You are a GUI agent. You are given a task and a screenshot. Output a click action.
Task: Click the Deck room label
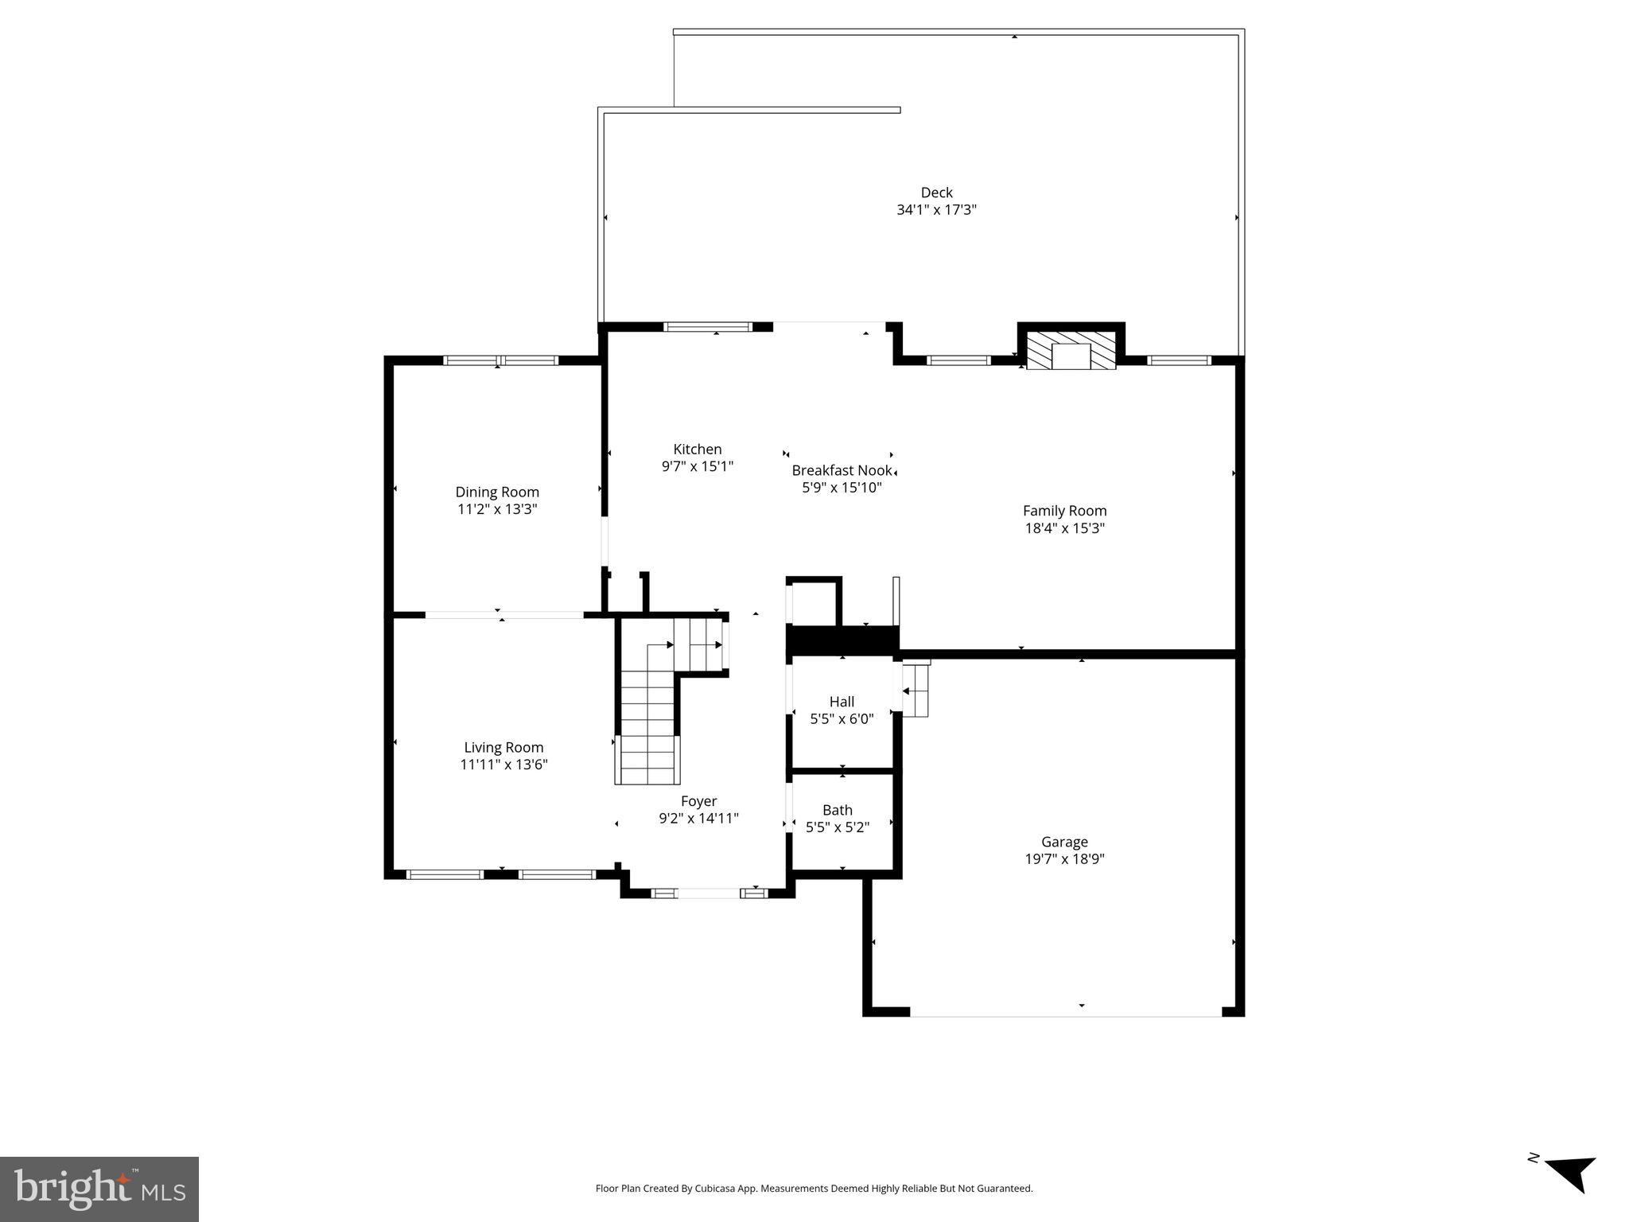[x=936, y=193]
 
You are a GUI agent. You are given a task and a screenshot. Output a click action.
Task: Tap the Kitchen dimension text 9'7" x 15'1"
[x=697, y=467]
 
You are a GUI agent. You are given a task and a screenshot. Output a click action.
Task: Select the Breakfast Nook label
[x=842, y=470]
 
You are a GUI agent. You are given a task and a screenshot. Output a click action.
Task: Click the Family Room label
[x=1064, y=511]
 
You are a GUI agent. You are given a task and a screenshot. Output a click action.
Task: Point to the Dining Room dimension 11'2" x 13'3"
[x=497, y=509]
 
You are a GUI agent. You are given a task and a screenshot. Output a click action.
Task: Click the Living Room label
[x=503, y=747]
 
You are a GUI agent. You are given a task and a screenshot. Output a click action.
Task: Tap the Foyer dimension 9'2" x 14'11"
[x=698, y=818]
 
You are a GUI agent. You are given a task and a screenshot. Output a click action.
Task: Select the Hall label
[x=842, y=702]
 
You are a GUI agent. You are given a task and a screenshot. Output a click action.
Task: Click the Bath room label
[x=837, y=810]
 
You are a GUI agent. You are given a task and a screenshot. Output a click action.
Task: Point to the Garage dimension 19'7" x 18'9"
[x=1064, y=858]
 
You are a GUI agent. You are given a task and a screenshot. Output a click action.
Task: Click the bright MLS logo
[x=99, y=1189]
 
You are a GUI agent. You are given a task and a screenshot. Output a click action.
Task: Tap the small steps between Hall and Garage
[x=916, y=690]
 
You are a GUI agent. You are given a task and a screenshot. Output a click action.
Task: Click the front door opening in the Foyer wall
[x=708, y=893]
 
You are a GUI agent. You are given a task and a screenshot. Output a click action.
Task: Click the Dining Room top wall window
[x=500, y=360]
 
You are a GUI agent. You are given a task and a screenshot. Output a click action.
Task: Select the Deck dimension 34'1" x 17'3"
[x=936, y=210]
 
